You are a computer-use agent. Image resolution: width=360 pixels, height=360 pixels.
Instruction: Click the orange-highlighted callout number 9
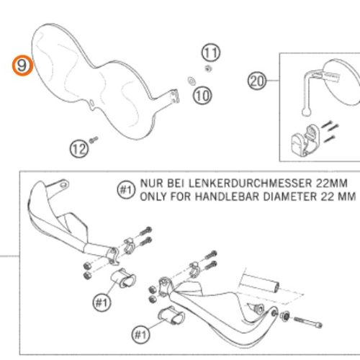tap(23, 66)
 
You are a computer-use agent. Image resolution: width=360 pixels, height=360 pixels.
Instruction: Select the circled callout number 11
tap(210, 53)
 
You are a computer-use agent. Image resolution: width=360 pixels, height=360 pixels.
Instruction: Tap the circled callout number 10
tap(202, 96)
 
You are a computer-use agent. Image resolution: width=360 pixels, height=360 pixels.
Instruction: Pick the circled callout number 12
tap(79, 149)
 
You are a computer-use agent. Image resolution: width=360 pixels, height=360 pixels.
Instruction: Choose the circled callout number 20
tap(257, 81)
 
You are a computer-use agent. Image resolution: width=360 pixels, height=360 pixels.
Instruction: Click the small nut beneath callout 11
tap(208, 69)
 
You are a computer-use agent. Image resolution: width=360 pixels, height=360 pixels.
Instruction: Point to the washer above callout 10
tap(192, 81)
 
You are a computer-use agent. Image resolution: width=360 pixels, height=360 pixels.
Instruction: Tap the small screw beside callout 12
tap(93, 140)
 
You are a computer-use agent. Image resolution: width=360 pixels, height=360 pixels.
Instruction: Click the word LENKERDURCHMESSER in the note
tap(250, 184)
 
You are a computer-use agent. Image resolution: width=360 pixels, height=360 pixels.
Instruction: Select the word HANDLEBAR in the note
tap(228, 197)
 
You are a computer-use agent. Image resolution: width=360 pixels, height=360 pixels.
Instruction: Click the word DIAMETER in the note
tap(290, 197)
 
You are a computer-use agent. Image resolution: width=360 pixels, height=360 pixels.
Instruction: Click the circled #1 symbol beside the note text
tap(126, 190)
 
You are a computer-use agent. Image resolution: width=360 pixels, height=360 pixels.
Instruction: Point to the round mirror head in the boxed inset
tap(341, 81)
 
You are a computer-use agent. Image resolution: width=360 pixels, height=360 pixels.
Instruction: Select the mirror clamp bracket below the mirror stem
tap(304, 140)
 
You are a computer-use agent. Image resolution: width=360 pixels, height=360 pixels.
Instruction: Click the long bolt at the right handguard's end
tap(307, 322)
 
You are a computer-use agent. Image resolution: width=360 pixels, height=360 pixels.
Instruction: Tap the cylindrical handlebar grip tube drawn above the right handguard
tap(259, 283)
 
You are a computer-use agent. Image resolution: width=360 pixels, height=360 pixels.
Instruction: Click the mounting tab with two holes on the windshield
tap(174, 96)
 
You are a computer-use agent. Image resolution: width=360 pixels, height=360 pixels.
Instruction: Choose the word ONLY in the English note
tap(153, 197)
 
